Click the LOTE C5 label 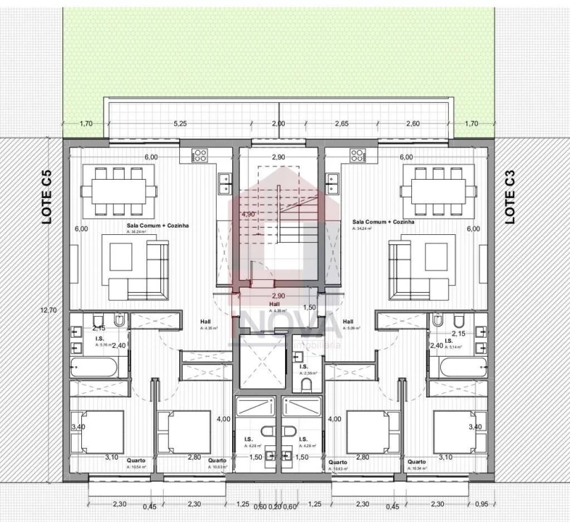tap(47, 196)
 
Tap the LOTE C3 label tap(510, 196)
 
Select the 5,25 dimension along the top tap(181, 124)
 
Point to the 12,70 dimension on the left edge tap(49, 310)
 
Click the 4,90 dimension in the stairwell tap(247, 215)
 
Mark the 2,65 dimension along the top tap(341, 124)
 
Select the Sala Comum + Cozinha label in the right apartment tap(383, 222)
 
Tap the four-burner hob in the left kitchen tap(199, 155)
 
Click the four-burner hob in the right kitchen tap(357, 155)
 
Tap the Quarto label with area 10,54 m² tap(136, 460)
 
